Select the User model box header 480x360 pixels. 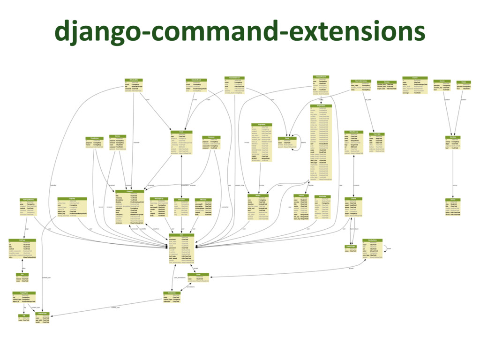tap(181, 234)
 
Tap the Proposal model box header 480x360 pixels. tap(135, 191)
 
